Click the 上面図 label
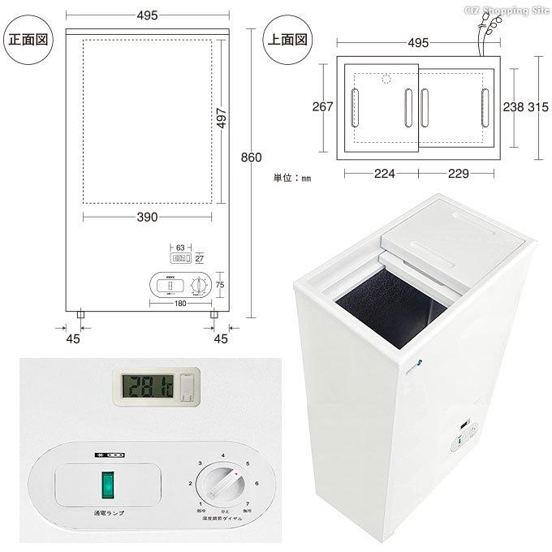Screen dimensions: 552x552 (x=290, y=38)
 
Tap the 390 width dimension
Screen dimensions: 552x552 (x=147, y=217)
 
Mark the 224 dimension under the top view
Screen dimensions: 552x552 (x=379, y=173)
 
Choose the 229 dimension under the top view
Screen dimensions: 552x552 (x=459, y=173)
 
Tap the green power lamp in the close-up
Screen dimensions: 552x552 (x=106, y=486)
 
